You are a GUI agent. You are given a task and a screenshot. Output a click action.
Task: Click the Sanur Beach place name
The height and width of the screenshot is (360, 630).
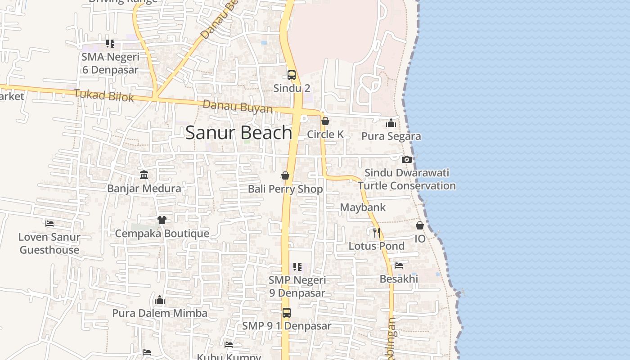point(239,133)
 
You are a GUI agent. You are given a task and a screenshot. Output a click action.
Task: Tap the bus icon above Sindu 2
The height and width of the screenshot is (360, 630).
point(292,75)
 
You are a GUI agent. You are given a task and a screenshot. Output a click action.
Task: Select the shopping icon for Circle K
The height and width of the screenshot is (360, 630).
point(325,121)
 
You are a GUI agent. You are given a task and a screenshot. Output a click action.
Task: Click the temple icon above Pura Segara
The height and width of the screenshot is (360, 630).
point(391,123)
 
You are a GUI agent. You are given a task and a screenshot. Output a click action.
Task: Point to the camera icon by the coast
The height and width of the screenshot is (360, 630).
point(406,159)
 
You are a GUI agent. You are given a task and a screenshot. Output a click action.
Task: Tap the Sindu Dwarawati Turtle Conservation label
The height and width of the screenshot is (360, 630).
point(407,179)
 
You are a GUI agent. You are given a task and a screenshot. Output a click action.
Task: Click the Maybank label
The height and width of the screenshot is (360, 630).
point(363,207)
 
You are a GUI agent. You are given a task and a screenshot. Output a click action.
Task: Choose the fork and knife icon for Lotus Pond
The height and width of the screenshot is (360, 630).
point(377,232)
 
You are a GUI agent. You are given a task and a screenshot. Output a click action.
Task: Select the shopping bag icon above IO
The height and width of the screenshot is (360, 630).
point(420,225)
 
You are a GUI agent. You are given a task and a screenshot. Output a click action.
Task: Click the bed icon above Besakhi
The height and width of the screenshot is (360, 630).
point(399,265)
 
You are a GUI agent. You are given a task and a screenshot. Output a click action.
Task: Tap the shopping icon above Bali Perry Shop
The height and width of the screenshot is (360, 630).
point(285,175)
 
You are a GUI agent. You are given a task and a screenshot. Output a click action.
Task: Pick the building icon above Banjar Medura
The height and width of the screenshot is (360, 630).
point(144,175)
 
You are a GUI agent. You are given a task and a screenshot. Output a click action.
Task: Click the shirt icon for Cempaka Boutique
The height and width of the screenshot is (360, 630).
point(162,220)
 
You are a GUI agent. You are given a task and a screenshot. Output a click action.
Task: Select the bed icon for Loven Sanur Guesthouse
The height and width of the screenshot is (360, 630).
point(49,223)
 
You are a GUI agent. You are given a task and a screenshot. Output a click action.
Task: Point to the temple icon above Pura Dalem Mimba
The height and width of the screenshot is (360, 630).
point(160,300)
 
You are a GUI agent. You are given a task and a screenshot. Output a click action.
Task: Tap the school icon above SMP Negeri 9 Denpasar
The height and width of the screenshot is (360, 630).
point(297,267)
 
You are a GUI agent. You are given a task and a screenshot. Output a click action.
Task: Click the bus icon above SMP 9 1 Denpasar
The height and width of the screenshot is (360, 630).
point(287,312)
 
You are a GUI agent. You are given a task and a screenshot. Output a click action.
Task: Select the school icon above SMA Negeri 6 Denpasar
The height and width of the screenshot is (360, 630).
point(110,44)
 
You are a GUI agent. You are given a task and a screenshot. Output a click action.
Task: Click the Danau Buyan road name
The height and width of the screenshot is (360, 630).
point(238,107)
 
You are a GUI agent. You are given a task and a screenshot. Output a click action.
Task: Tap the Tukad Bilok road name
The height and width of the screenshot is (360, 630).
point(104,95)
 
